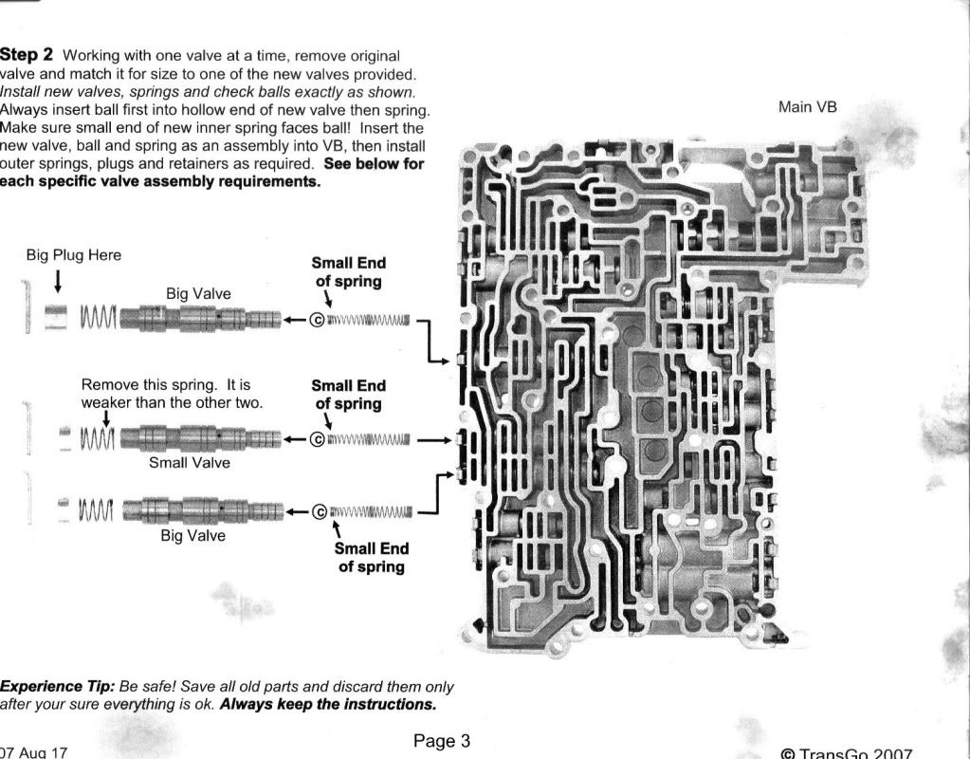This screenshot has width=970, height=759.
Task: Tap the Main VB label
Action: click(x=807, y=106)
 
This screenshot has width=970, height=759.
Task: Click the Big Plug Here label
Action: click(x=73, y=255)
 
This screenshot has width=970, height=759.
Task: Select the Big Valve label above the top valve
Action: click(x=197, y=294)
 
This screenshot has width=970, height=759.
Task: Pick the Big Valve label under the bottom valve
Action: click(x=193, y=535)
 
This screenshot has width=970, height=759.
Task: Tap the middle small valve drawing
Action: click(x=204, y=437)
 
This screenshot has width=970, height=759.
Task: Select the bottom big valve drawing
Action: click(x=204, y=510)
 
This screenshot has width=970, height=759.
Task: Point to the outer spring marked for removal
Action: click(x=98, y=437)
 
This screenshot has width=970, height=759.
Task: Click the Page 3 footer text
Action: click(x=442, y=740)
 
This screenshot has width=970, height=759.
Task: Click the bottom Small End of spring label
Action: click(x=371, y=557)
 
